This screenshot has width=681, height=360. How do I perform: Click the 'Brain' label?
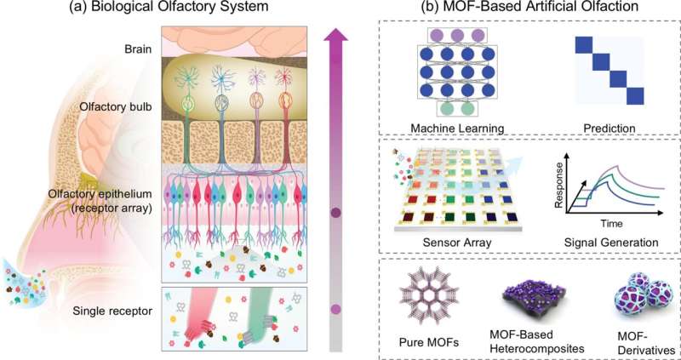(139, 49)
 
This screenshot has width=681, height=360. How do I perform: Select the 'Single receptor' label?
(112, 311)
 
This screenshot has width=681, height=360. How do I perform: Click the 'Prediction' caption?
(610, 129)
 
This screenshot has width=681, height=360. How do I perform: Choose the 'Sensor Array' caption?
(457, 243)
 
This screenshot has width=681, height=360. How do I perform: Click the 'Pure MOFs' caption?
(429, 345)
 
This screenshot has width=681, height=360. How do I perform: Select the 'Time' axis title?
(611, 224)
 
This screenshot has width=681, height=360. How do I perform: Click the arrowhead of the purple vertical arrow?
(335, 34)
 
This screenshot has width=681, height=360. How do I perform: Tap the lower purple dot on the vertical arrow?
(335, 310)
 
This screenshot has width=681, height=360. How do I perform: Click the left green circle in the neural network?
(445, 108)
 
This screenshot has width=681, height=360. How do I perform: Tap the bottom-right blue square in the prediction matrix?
(634, 96)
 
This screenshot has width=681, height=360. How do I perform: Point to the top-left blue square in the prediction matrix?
(584, 45)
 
